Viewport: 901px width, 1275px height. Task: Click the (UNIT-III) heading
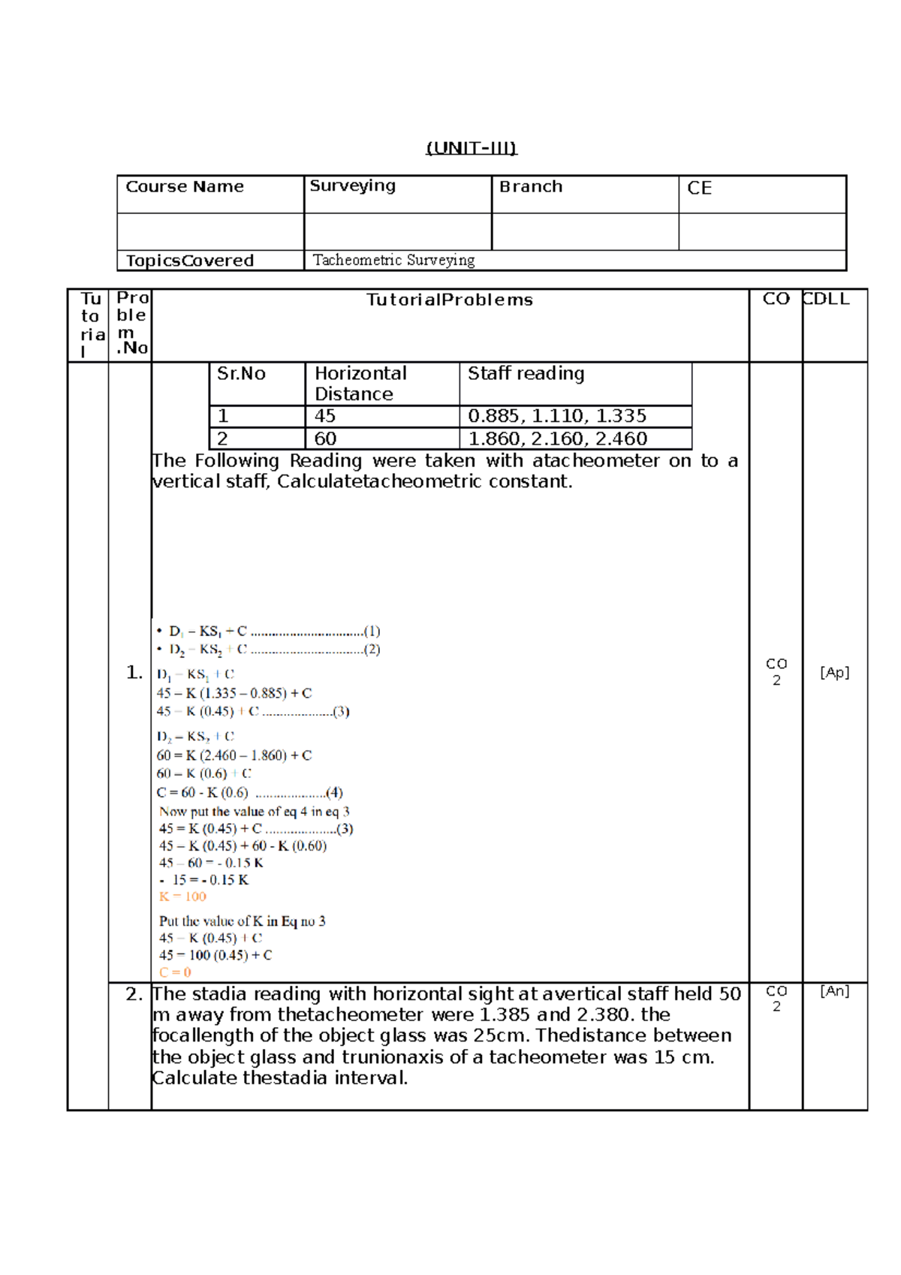coord(472,148)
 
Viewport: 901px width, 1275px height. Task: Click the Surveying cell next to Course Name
coord(352,186)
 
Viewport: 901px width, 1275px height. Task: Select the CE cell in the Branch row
coord(699,188)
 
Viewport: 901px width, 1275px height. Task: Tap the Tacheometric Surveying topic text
coord(393,261)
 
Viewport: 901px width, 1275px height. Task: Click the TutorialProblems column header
coord(449,300)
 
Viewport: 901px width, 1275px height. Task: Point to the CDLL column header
coord(826,300)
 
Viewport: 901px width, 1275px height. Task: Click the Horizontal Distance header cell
coord(360,384)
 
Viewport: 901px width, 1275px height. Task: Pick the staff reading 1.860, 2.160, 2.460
coord(557,439)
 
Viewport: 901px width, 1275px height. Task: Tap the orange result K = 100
coord(182,897)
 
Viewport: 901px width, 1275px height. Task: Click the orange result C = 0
coord(175,972)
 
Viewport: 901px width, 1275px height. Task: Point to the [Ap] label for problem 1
coord(834,673)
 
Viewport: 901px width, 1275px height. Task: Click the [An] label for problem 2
coord(834,992)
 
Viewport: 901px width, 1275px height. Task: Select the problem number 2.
coord(134,995)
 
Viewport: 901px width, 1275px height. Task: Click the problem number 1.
coord(134,673)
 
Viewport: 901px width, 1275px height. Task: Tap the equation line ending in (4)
coord(249,793)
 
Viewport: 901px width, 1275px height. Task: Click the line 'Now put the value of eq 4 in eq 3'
coord(254,812)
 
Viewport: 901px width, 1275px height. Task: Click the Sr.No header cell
coord(241,374)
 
